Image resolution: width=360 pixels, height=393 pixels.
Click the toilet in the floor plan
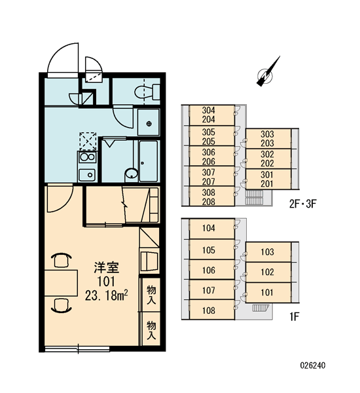pos(147,92)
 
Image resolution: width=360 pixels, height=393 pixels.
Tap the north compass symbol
pos(268,72)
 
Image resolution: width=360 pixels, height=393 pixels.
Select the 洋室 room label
pos(107,267)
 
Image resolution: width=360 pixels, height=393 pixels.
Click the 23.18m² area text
pos(107,295)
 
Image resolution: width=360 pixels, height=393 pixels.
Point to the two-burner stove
pos(87,157)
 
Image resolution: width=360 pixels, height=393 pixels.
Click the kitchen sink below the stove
pos(87,175)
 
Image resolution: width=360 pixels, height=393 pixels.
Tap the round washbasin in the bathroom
pos(132,173)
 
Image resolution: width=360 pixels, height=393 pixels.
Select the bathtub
pos(149,160)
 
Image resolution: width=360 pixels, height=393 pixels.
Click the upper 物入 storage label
pos(151,294)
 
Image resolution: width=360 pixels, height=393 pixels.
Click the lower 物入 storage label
pos(151,329)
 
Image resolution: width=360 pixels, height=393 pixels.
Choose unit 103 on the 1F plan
pos(268,252)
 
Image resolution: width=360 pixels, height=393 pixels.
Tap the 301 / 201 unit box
pos(268,179)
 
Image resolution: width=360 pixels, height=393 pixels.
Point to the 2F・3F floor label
pos(303,204)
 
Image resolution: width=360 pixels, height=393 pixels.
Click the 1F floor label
pos(295,317)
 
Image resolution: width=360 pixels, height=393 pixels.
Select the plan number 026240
pos(313,365)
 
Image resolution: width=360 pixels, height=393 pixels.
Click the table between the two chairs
pos(61,283)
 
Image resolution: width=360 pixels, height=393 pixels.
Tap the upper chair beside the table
pos(61,260)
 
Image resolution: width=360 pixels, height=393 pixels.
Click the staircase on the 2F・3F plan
pos(254,197)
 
